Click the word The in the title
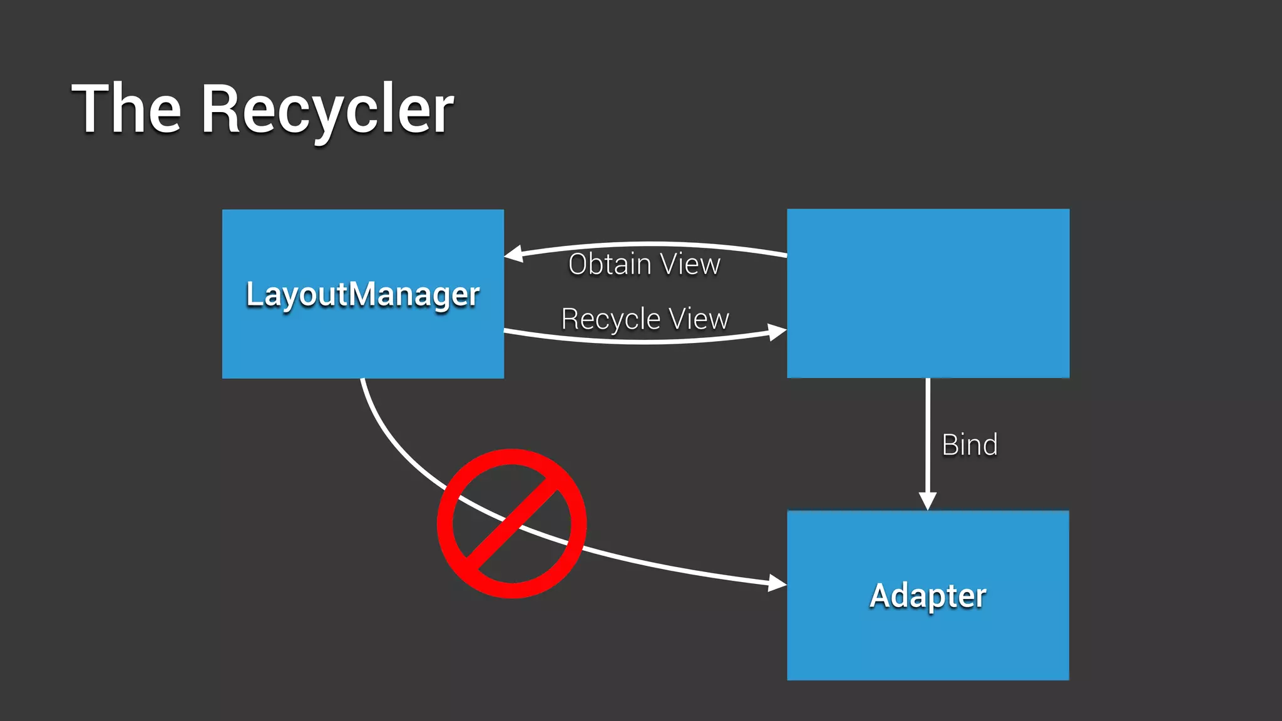coord(126,110)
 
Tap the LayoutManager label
coord(362,294)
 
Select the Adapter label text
coord(928,595)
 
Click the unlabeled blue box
coord(928,293)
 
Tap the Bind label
coord(969,445)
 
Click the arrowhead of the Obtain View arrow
coord(513,253)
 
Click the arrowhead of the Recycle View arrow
coord(778,332)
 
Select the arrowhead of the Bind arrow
coord(928,501)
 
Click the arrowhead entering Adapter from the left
coord(778,583)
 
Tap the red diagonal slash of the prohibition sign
coord(512,523)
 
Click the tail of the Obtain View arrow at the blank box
coord(784,255)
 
